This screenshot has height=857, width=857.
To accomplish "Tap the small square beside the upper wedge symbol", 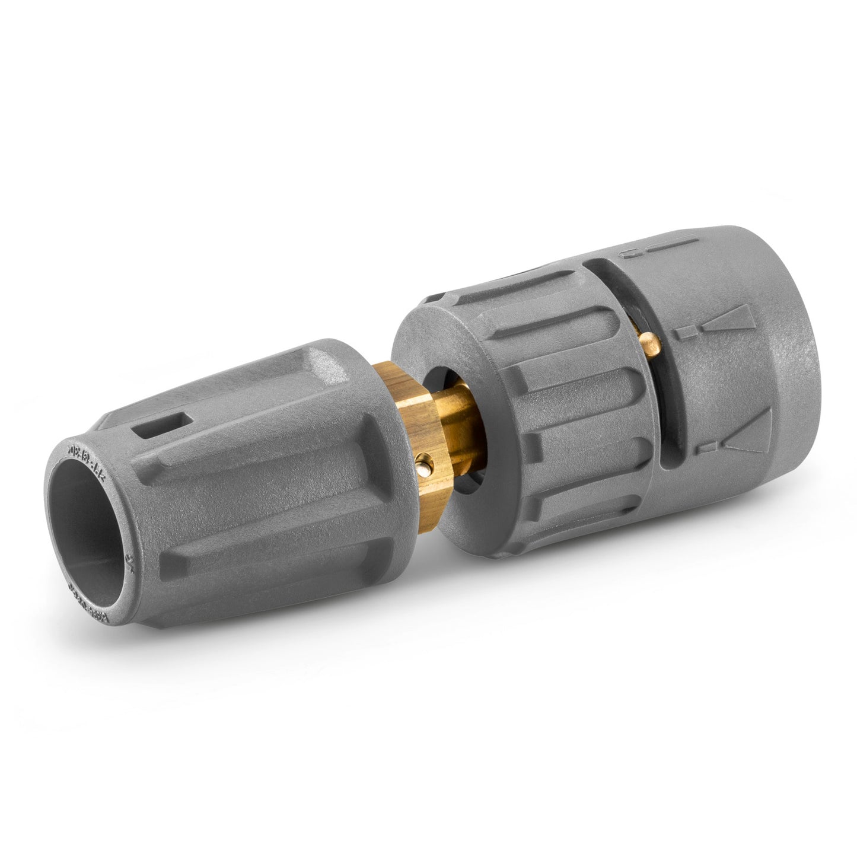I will click(x=689, y=332).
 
